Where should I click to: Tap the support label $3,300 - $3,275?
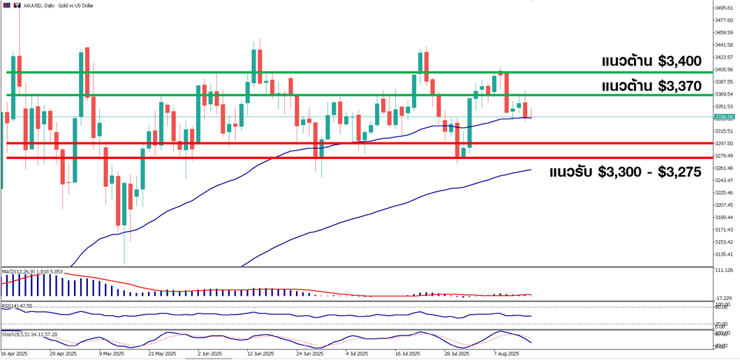(625, 172)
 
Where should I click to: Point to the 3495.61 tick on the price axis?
(723, 8)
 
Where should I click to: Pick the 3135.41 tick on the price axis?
(723, 255)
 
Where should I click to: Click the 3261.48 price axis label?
(723, 168)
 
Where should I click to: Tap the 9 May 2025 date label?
(111, 354)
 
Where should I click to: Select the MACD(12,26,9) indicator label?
(22, 271)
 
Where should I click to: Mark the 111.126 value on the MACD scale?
(723, 270)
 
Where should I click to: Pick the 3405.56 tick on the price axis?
(723, 70)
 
